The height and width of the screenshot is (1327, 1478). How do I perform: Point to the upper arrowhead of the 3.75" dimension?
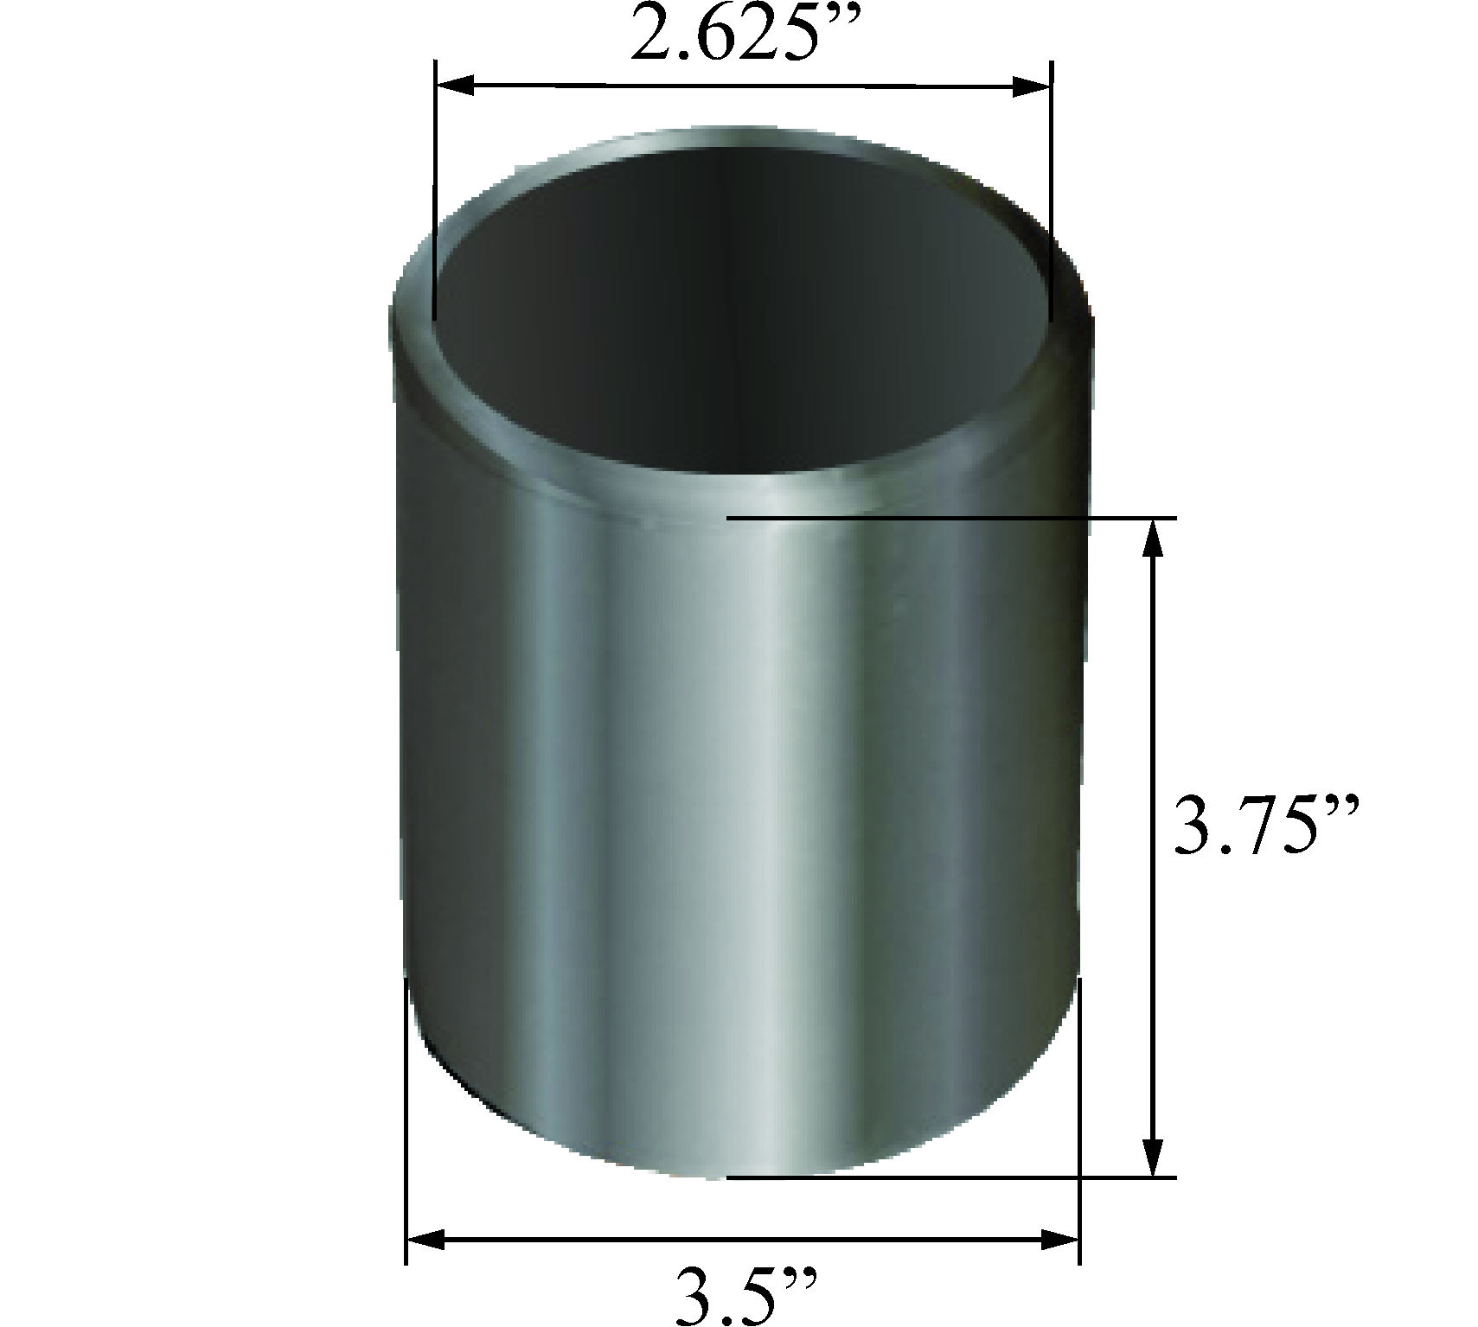[1151, 539]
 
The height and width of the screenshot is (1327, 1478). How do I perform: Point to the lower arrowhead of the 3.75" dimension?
[1151, 1155]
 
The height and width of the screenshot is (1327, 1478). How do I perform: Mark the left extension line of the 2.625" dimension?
[434, 190]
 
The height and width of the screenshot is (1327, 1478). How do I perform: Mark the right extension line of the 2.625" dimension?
[1051, 190]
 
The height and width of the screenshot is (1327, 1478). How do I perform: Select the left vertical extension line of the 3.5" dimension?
[406, 1124]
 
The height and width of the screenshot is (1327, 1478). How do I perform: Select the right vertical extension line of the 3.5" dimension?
[1079, 1124]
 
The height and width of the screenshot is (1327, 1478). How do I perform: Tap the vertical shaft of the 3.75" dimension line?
[1151, 847]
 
